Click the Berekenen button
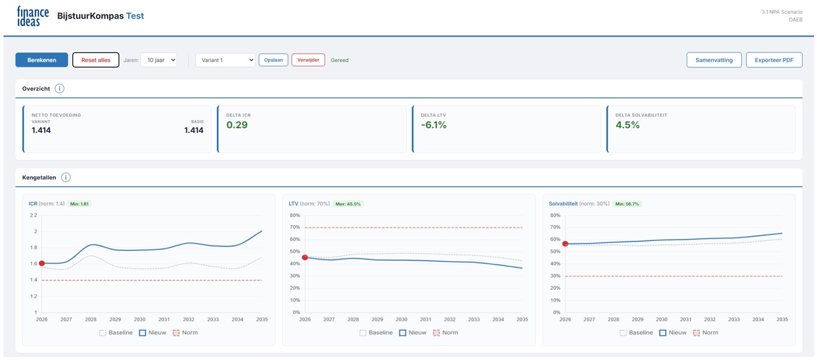[41, 60]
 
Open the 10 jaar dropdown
[159, 60]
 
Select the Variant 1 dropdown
[225, 60]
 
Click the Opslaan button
[273, 60]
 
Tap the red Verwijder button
[308, 60]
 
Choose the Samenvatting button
[714, 60]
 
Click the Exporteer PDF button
[774, 60]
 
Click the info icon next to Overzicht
[59, 88]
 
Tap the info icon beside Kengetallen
[66, 177]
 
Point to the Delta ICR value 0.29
[237, 125]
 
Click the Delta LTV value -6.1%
[434, 125]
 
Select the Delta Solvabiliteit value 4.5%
[628, 125]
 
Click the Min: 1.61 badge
[79, 204]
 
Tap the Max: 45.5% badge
[348, 204]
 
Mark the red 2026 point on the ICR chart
[41, 263]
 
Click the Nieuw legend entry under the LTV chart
[413, 333]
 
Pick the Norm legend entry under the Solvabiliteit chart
[706, 333]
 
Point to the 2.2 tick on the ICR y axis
[34, 215]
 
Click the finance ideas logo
[33, 16]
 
